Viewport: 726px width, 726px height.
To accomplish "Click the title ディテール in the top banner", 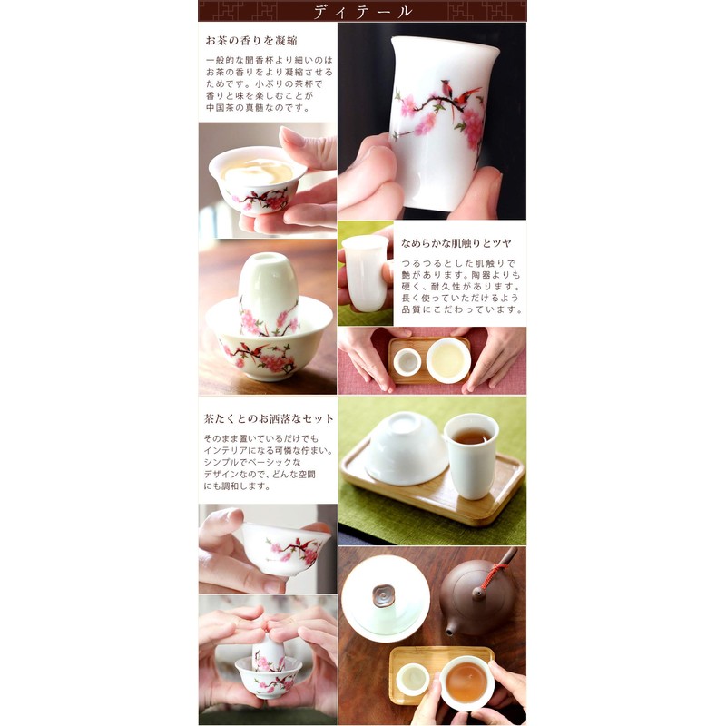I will point(362,11).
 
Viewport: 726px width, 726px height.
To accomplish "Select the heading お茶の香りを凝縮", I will point(251,41).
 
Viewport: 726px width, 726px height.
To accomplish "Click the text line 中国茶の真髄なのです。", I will point(258,107).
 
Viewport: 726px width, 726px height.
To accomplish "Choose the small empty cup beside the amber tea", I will point(413,678).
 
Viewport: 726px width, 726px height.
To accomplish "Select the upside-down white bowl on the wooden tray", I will point(406,448).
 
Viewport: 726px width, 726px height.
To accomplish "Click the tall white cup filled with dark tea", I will point(471,454).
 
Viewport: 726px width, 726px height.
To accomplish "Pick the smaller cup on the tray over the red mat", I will point(407,361).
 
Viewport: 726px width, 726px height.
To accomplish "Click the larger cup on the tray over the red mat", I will point(448,359).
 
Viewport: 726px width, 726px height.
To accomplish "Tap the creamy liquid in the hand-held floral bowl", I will point(258,172).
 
